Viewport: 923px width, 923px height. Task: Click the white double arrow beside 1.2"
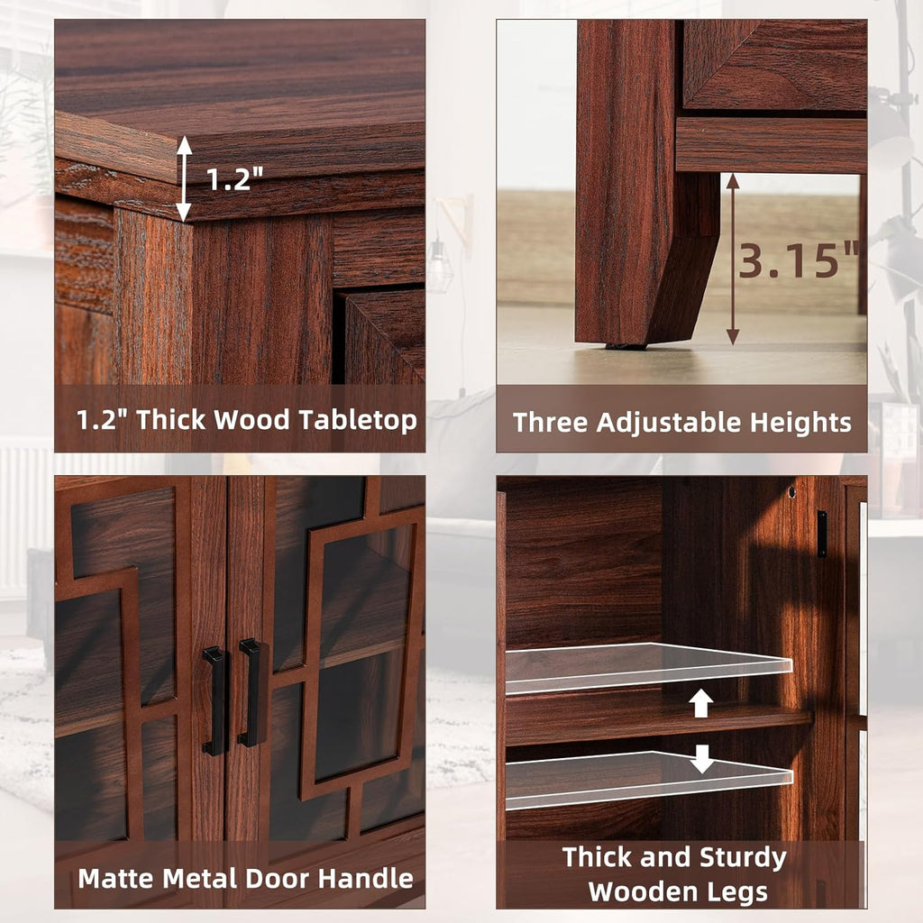(184, 178)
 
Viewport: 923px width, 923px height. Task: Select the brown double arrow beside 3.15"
(733, 260)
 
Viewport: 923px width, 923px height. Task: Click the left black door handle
(215, 700)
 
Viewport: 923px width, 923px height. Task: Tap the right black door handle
(250, 692)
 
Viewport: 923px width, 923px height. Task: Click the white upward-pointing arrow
(701, 702)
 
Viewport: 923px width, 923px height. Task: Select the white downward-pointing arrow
(701, 759)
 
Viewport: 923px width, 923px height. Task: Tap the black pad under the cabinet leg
(626, 346)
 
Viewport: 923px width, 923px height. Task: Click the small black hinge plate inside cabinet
(821, 534)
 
